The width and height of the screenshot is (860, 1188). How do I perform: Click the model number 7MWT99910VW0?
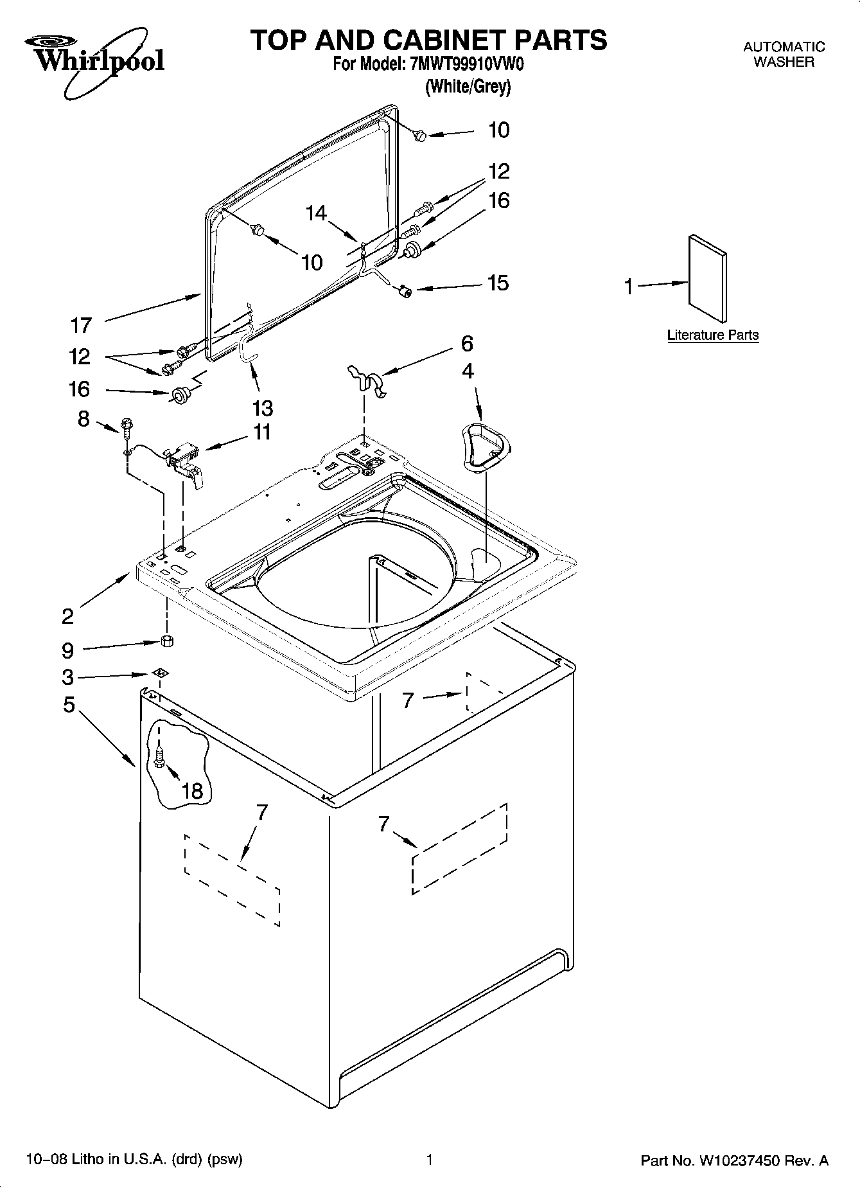[466, 65]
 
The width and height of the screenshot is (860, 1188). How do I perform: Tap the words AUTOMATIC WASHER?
[784, 55]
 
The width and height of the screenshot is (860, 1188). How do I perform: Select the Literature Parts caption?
[713, 335]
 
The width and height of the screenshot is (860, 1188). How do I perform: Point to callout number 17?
[82, 325]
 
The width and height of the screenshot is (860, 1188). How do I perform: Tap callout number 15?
[498, 283]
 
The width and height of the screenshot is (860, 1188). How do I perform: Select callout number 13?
[263, 408]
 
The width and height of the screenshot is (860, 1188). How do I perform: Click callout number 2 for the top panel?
[68, 616]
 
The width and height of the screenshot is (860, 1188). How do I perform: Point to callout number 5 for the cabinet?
[69, 705]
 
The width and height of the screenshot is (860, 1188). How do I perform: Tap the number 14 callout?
[316, 213]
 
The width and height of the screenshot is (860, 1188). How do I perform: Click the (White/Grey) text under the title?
[468, 87]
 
